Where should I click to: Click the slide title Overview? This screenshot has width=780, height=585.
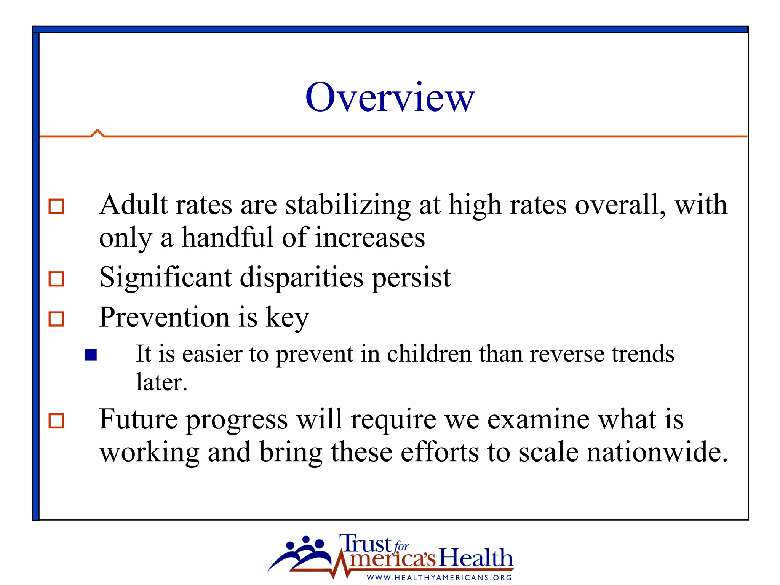(x=390, y=97)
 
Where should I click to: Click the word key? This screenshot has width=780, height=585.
(x=287, y=318)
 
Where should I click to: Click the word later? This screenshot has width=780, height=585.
(x=161, y=382)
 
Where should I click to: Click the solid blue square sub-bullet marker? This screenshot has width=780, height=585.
(x=91, y=355)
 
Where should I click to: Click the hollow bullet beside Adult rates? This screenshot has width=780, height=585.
(x=56, y=206)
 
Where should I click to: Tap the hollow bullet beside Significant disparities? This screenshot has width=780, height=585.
(x=56, y=279)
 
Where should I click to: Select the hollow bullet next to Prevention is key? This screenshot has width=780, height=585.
(x=56, y=319)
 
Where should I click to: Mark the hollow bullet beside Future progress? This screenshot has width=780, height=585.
(x=56, y=421)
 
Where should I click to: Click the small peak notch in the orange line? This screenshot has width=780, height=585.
(x=97, y=133)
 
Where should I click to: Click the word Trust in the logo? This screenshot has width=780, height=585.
(x=365, y=543)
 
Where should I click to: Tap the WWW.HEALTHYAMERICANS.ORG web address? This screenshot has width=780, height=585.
(x=439, y=578)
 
